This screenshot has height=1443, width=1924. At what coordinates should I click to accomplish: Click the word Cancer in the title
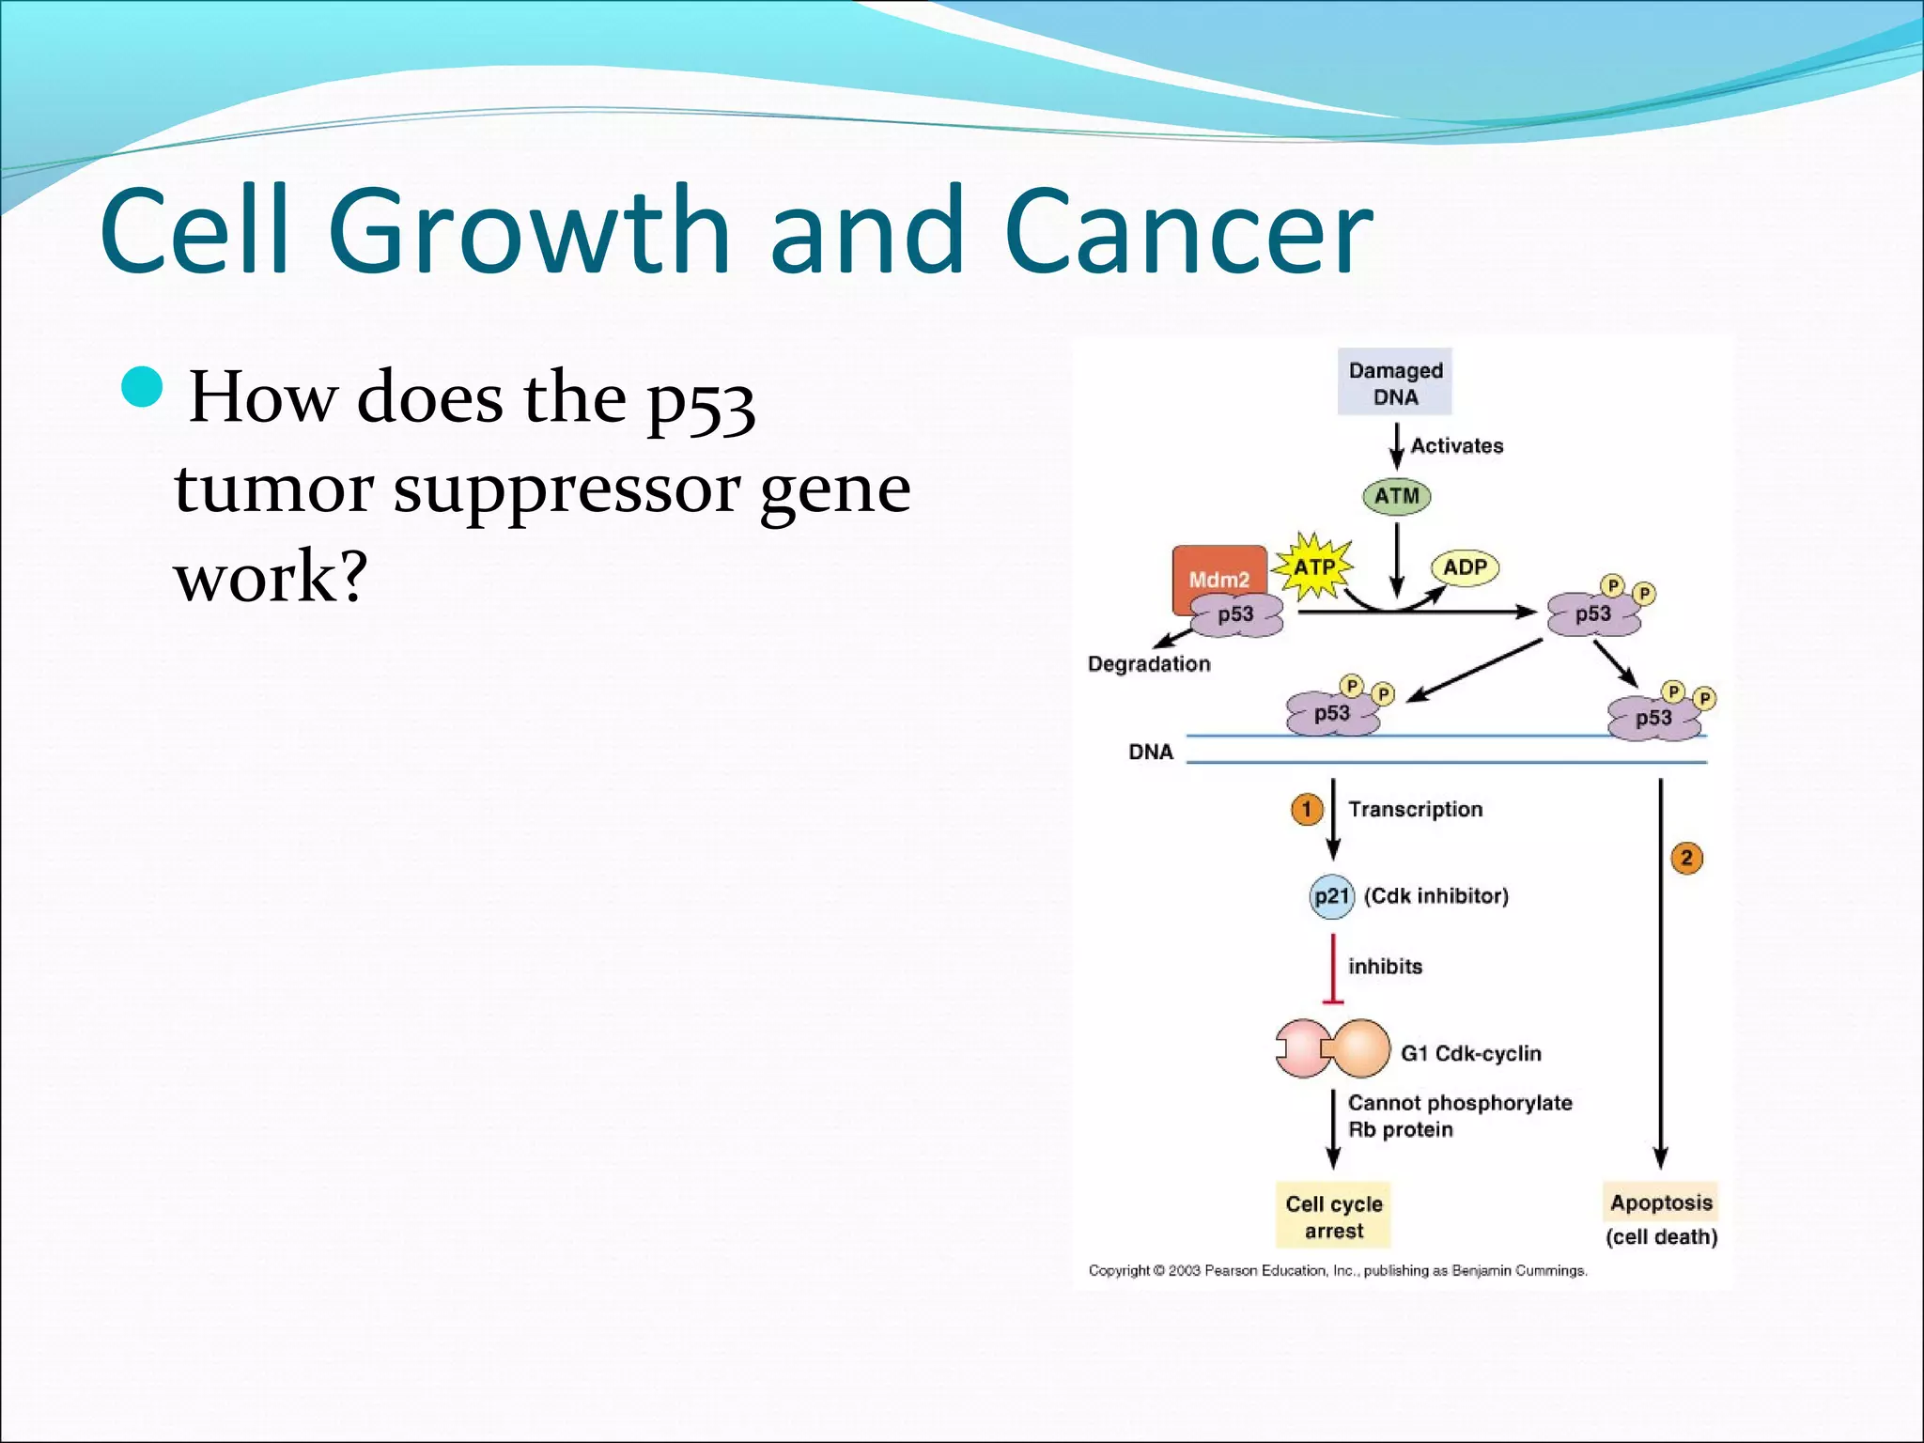[x=1188, y=232]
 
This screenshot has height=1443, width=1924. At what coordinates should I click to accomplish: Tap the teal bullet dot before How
[x=143, y=387]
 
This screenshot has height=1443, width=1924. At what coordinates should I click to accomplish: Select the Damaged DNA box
[x=1395, y=382]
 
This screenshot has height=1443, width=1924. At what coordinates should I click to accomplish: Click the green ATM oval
[x=1397, y=496]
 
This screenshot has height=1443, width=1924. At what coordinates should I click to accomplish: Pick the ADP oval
[x=1465, y=567]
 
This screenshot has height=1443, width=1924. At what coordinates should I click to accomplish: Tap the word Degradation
[x=1149, y=664]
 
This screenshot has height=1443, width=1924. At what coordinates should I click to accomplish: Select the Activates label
[x=1456, y=446]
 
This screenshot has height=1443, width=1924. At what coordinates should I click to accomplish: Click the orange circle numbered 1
[x=1307, y=809]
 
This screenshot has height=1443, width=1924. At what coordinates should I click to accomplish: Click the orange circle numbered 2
[x=1686, y=858]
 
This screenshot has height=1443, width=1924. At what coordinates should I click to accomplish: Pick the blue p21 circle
[x=1331, y=896]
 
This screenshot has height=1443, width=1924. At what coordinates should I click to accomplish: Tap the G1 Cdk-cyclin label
[x=1470, y=1053]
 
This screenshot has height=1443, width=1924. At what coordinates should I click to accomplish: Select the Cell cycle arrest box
[x=1333, y=1217]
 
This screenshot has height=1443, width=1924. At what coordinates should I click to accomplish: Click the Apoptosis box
[x=1661, y=1202]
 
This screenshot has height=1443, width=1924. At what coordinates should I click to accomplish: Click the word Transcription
[x=1415, y=809]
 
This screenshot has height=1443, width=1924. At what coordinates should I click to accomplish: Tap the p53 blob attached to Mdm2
[x=1236, y=615]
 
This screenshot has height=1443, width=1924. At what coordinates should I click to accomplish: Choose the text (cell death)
[x=1661, y=1237]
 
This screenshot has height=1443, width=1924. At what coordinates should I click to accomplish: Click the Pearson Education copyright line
[x=1338, y=1271]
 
